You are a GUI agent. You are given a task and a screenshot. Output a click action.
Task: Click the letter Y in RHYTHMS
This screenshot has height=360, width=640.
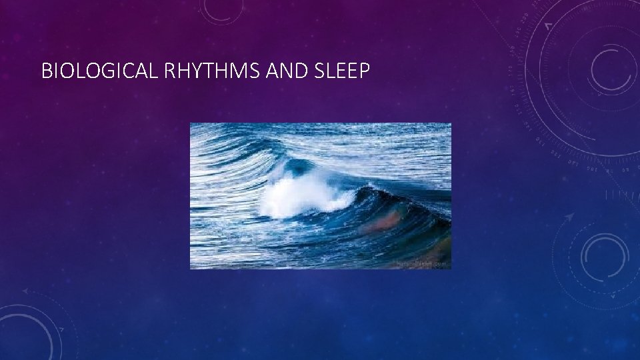click(x=194, y=71)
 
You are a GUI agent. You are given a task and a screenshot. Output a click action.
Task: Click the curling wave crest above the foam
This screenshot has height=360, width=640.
click(x=293, y=163)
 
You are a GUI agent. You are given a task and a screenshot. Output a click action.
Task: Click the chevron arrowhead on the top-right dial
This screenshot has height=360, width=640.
click(x=548, y=25)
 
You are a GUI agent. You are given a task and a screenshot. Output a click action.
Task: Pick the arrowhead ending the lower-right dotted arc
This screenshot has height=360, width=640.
click(x=571, y=217)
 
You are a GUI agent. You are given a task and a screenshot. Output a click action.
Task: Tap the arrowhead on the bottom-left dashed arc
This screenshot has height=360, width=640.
click(x=25, y=291)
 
